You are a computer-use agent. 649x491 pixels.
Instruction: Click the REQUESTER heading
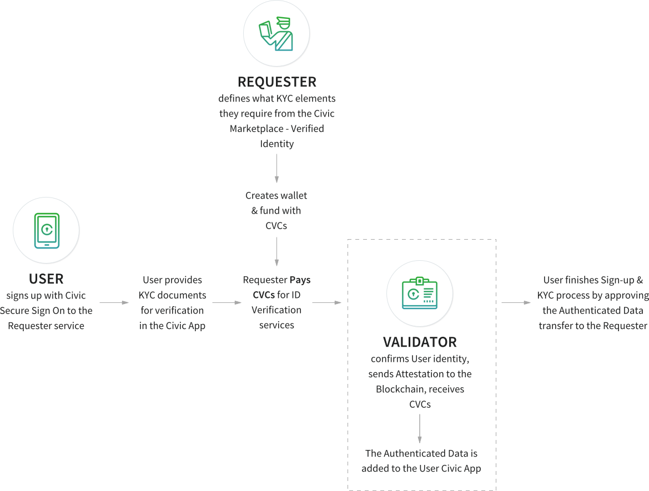276,82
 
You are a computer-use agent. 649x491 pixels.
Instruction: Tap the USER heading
46,279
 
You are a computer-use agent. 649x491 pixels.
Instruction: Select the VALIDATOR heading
420,342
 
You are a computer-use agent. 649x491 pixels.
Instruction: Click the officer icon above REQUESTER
276,33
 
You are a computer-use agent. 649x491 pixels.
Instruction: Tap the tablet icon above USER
47,230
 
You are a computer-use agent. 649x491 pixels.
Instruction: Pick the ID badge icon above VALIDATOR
420,293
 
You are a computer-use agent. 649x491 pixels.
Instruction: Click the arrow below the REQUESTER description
276,169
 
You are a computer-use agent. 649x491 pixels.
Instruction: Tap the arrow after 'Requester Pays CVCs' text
326,303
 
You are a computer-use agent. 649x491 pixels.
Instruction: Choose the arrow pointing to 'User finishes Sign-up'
516,303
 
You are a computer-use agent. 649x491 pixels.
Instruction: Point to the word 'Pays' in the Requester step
300,280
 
